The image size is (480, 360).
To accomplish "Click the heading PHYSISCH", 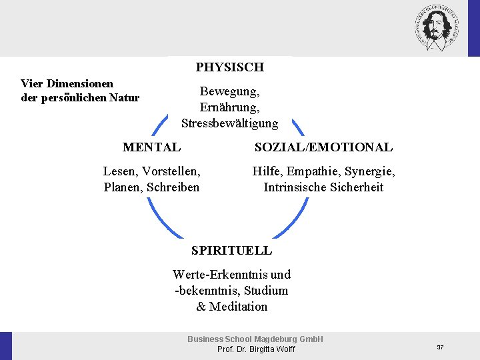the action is (x=229, y=67).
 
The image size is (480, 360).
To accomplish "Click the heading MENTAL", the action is (x=151, y=147).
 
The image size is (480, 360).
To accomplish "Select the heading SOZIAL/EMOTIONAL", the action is (x=323, y=147).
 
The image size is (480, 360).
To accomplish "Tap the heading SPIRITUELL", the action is (x=231, y=251).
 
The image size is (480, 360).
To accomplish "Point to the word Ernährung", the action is (x=229, y=107).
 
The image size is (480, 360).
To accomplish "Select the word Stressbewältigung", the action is (x=229, y=123).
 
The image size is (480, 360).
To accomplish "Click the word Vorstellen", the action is (x=171, y=171).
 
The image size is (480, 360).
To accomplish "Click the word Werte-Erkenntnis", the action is (x=221, y=275).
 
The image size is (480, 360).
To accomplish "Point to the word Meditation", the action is (x=238, y=307).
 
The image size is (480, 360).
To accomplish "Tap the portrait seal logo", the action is (x=439, y=28).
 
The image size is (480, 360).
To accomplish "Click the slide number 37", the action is (x=440, y=347).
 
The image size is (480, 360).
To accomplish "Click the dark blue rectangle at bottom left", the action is (x=6, y=346).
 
